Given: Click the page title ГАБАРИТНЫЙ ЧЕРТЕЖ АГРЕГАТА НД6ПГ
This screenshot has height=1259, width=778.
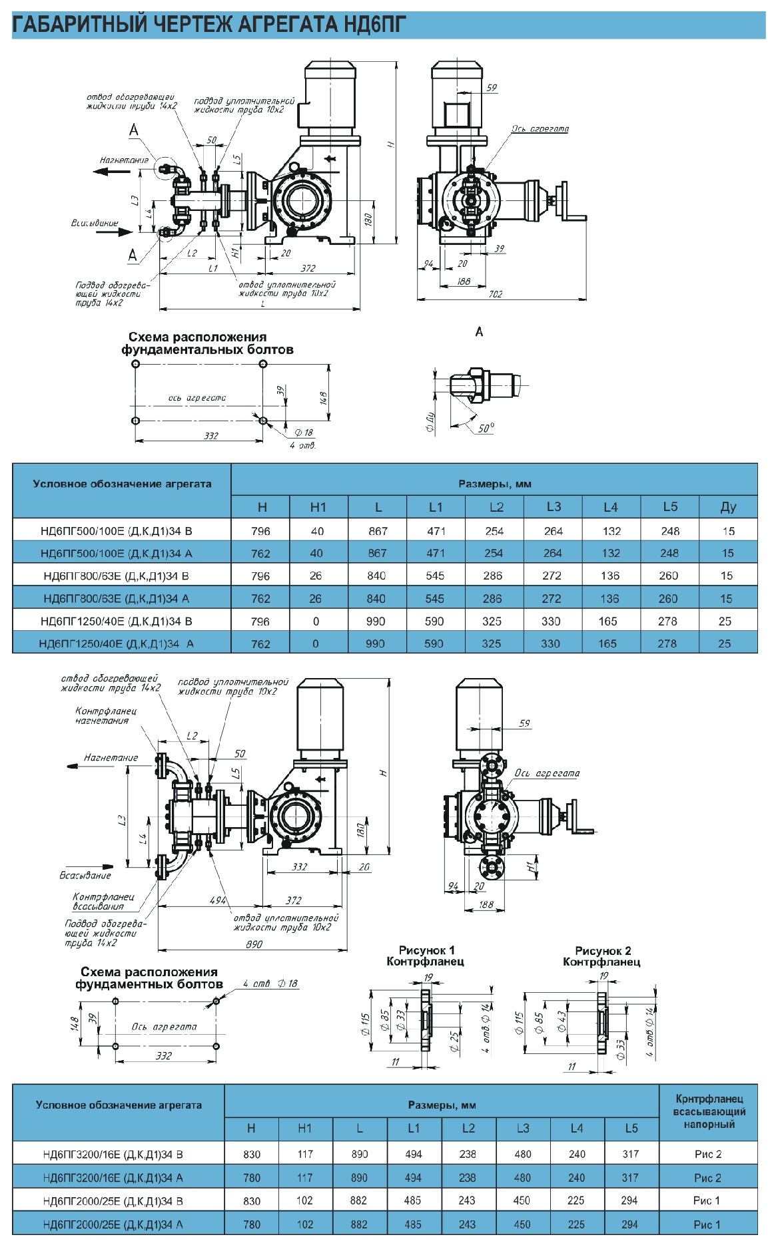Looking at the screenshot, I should pos(209,25).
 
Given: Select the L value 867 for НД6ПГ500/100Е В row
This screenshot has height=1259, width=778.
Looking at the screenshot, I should pos(378,531).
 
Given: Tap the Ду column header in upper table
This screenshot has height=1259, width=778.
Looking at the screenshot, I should pos(727,507).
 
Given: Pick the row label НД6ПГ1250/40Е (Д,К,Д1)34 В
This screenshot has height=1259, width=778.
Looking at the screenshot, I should pos(116,621).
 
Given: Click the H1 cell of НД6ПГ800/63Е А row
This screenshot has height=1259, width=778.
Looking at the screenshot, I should pos(316,598).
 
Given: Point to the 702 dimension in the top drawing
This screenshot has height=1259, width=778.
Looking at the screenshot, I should pos(495,293).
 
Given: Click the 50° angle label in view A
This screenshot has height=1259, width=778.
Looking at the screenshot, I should pos(486,429).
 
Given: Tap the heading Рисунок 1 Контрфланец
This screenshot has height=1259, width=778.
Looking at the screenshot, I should pos(426,956).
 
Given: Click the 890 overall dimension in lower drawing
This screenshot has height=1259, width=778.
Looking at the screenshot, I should pos(254,944).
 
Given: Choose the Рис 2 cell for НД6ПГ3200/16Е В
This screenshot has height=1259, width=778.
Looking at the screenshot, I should pos(707,1154).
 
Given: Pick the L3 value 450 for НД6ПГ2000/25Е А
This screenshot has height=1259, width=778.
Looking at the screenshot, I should pos(522,1224).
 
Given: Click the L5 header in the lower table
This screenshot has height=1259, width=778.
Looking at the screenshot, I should pos(631,1128).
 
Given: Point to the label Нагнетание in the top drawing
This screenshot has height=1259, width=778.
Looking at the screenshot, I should pos(124,160).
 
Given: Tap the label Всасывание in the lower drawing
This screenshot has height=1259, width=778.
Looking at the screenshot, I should pos(85,875).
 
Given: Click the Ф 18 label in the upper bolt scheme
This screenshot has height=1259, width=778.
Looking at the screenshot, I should pos(304,433).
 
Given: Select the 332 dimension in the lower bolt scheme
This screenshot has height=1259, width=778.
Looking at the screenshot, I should pos(163,1055).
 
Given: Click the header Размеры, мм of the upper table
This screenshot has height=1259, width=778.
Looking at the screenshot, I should pos(494,484).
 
